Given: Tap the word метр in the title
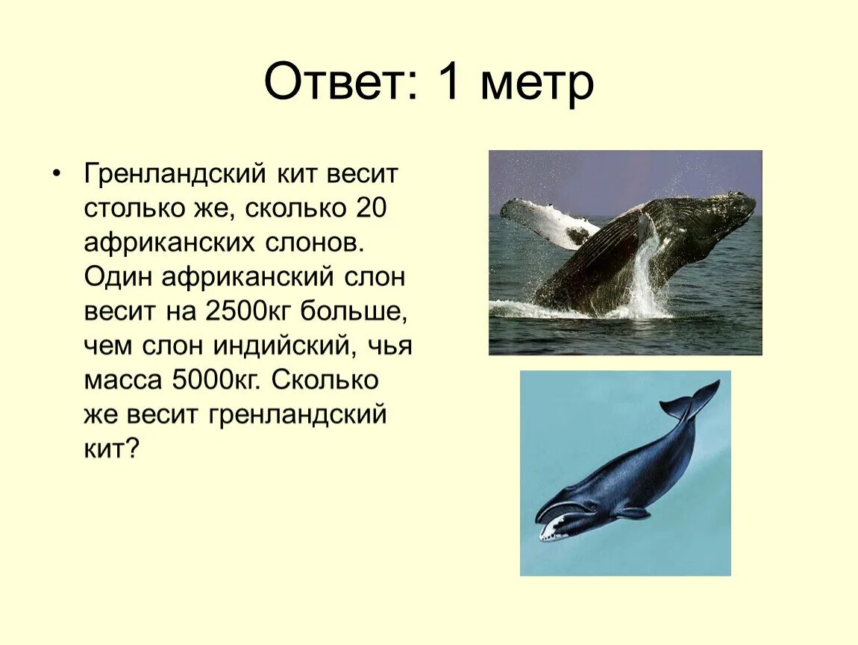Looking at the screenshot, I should click(x=536, y=84).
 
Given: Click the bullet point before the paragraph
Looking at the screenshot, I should click(x=57, y=174).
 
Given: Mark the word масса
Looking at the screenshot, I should click(x=123, y=381).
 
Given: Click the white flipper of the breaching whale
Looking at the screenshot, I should click(x=545, y=222).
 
